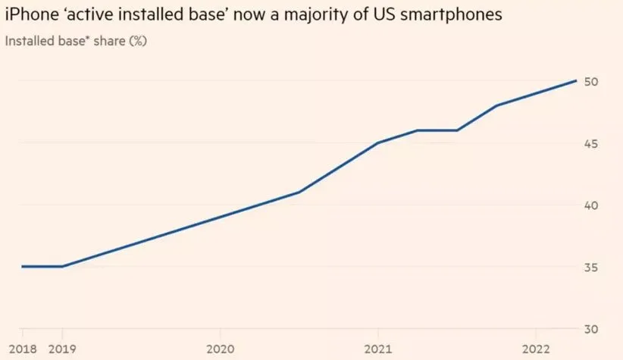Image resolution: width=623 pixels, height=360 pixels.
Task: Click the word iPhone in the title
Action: (28, 15)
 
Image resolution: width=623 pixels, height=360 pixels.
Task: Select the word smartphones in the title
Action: (449, 15)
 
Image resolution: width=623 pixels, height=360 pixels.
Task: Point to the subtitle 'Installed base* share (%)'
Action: (76, 40)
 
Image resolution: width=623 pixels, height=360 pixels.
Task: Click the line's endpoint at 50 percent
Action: (576, 80)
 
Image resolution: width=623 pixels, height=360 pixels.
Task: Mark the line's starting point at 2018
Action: (22, 267)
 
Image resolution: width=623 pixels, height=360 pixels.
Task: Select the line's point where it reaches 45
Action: (378, 142)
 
